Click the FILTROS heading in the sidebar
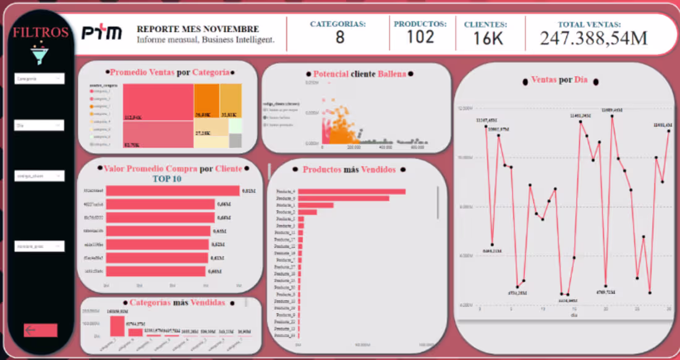(41, 33)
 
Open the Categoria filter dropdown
(40, 79)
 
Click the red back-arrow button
(41, 330)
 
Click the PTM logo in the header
(102, 33)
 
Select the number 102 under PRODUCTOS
(420, 37)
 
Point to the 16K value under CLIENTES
(488, 38)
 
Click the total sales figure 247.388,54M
(593, 38)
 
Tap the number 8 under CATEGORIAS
(339, 38)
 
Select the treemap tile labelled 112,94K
(158, 102)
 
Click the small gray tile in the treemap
(235, 140)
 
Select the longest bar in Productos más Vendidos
(352, 192)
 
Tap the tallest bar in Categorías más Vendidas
(117, 326)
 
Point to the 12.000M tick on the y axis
(465, 109)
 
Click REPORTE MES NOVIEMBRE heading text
(197, 29)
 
